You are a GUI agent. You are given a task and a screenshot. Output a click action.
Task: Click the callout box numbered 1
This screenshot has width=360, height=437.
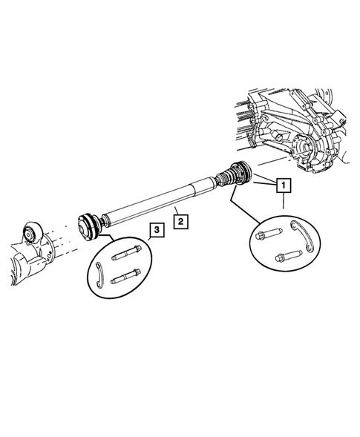[x=284, y=185]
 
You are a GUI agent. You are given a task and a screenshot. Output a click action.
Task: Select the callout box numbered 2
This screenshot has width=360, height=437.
[x=178, y=220]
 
